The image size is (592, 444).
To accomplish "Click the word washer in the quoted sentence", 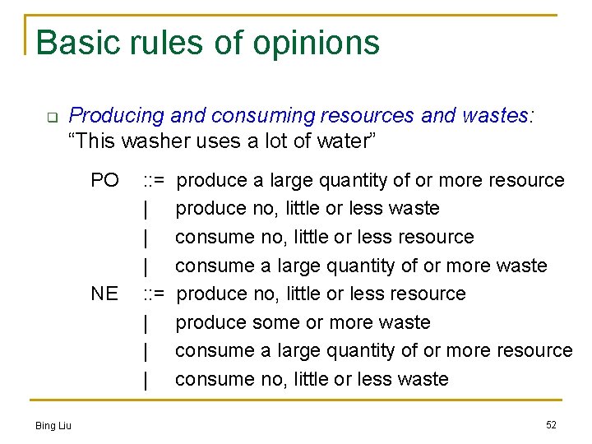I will click(154, 141).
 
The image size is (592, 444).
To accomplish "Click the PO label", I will click(104, 180).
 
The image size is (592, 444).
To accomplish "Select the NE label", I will click(104, 294).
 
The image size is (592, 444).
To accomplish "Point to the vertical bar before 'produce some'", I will click(146, 322).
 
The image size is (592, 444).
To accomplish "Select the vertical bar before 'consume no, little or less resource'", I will click(146, 237).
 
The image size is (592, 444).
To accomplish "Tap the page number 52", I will click(551, 424).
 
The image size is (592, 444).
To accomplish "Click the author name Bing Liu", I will click(53, 425).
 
